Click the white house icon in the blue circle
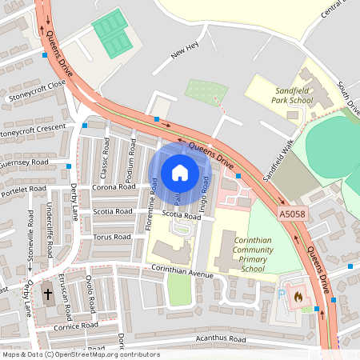pos(180,173)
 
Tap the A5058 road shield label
pos(293,215)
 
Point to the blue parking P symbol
pos(281,294)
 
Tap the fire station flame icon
pos(299,296)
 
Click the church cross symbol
pos(47,294)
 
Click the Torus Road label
pos(111,237)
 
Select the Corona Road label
pos(116,187)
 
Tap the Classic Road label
pos(105,157)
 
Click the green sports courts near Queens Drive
pos(110,33)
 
